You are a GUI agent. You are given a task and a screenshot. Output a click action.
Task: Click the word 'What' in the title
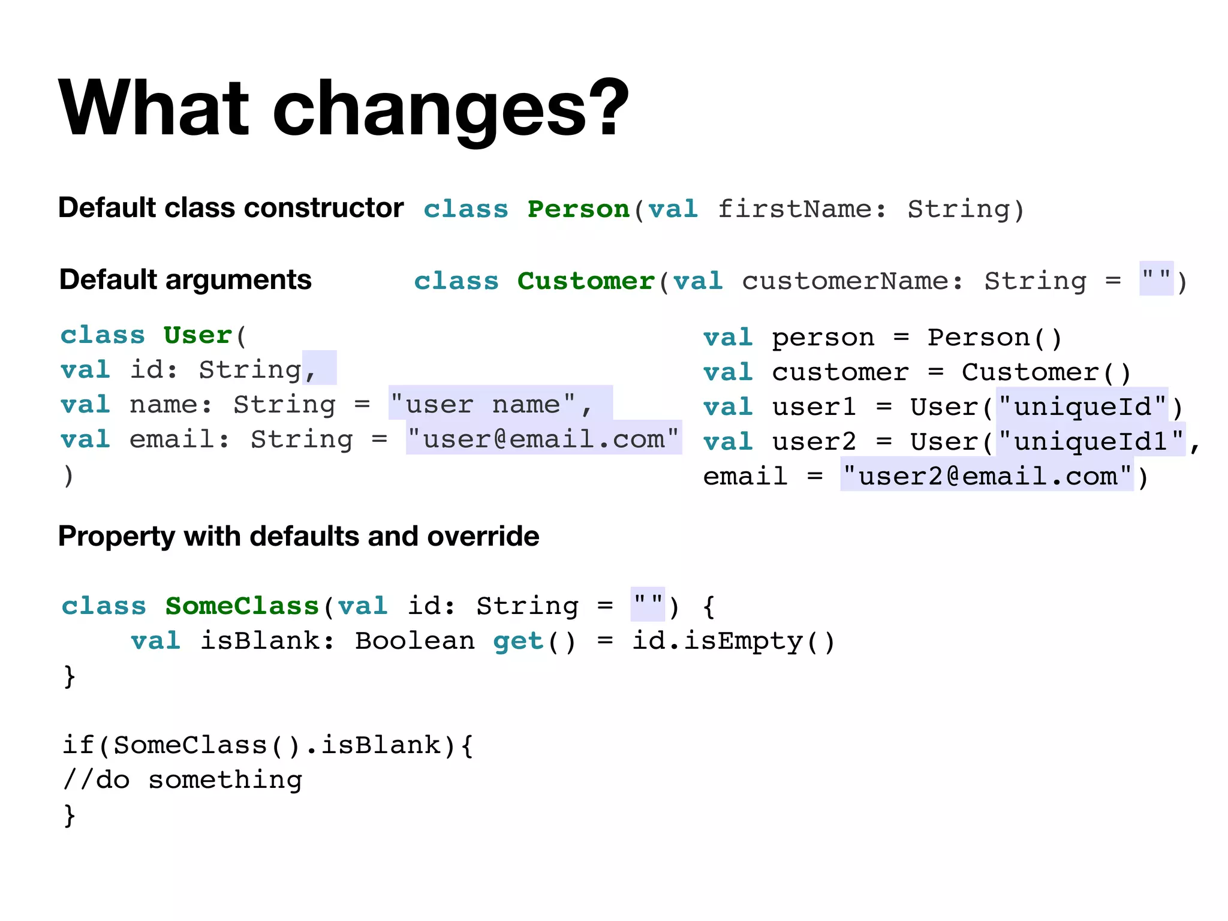[153, 108]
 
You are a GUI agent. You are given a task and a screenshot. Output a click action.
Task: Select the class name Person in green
[578, 209]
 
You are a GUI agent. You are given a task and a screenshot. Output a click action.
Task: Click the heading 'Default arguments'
[185, 280]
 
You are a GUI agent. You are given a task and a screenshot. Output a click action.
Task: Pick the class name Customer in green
[586, 281]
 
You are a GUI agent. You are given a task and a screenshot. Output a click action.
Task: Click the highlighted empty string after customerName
[1156, 279]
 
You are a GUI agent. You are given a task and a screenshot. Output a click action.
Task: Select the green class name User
[198, 335]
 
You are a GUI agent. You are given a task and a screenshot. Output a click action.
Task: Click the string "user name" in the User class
[483, 404]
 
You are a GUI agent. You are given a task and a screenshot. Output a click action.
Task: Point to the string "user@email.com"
[543, 439]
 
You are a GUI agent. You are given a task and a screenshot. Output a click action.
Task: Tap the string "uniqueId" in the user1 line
[1082, 407]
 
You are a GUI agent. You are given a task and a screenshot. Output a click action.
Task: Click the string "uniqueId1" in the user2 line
[1091, 441]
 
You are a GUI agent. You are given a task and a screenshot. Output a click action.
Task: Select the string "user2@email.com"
[987, 476]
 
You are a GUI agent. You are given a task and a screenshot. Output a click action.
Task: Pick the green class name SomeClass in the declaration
[242, 606]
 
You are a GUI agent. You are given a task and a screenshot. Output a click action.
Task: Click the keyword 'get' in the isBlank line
[518, 641]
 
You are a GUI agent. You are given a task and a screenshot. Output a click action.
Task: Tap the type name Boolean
[414, 641]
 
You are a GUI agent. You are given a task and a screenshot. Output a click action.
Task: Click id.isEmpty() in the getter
[733, 641]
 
